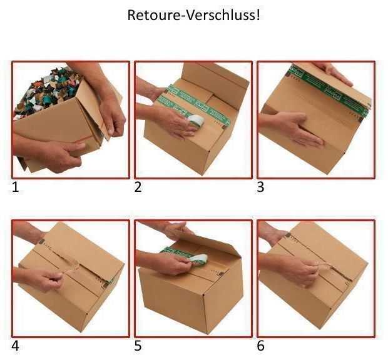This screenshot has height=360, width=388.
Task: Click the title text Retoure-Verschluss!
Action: point(193,15)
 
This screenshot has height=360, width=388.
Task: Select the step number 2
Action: point(139,187)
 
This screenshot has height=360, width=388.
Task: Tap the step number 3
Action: point(262,187)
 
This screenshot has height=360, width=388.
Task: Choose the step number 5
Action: point(139,346)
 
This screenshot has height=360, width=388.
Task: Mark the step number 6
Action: point(262,346)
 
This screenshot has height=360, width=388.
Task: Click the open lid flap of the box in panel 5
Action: point(207,241)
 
